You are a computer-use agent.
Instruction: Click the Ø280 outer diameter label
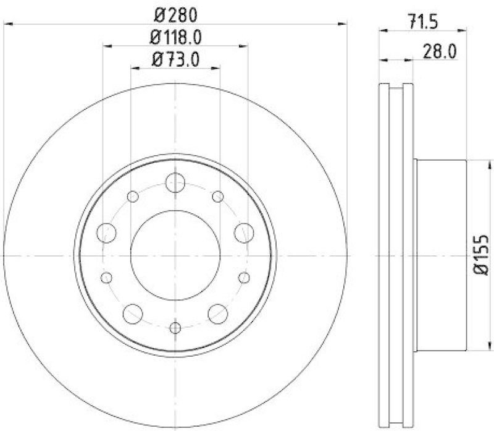click(x=175, y=12)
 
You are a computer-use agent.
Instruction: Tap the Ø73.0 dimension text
click(x=176, y=60)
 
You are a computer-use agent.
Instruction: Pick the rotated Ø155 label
click(x=481, y=255)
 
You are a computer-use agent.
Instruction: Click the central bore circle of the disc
click(x=175, y=255)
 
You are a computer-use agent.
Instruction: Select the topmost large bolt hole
click(x=175, y=183)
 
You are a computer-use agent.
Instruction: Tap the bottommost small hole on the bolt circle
click(x=175, y=327)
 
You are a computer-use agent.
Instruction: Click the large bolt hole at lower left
click(x=132, y=313)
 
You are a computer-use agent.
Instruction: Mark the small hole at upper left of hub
click(x=133, y=197)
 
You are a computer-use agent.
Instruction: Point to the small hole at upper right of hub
click(x=217, y=197)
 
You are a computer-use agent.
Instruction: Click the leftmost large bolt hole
click(x=107, y=233)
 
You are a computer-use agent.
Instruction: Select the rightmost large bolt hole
click(x=244, y=233)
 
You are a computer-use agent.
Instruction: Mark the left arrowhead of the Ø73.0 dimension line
click(x=135, y=69)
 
